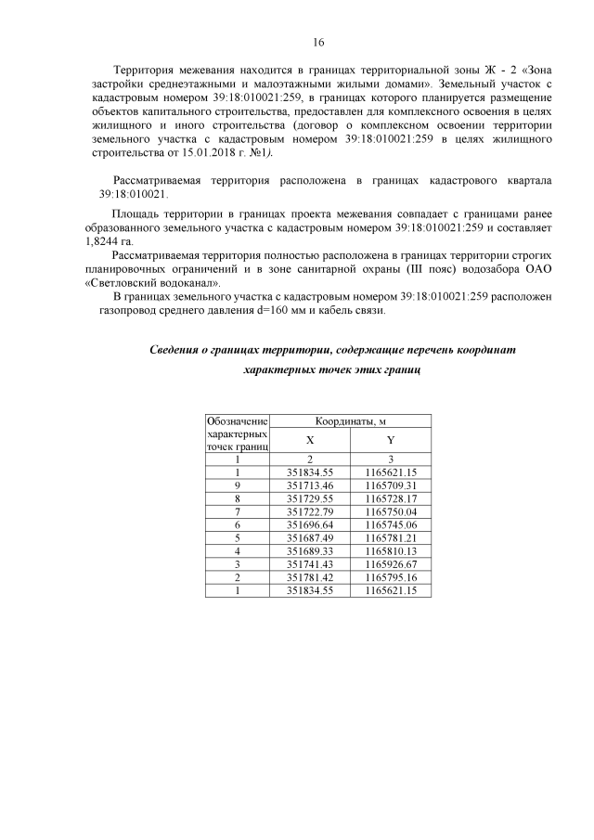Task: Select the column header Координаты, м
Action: click(x=351, y=422)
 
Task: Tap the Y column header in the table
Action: click(x=391, y=441)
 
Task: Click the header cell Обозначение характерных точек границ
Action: click(x=238, y=434)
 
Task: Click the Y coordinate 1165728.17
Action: click(x=391, y=498)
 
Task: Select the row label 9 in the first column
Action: click(x=238, y=485)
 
